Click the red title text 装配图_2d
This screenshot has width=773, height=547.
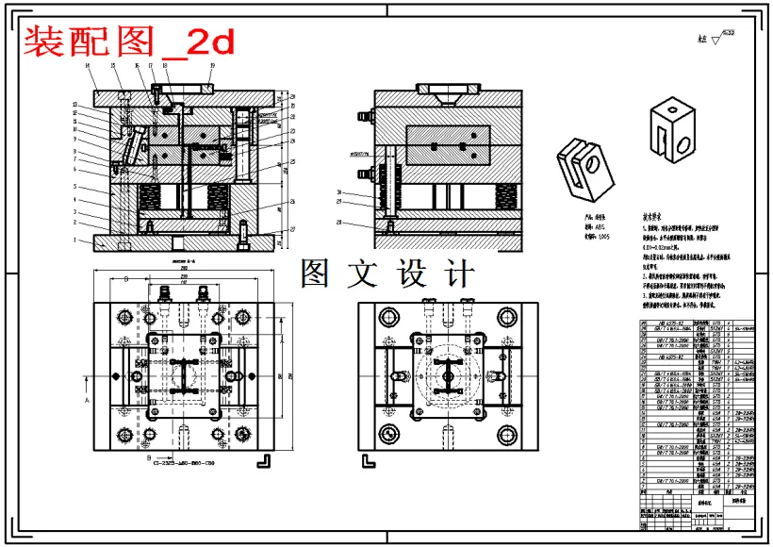coord(128,41)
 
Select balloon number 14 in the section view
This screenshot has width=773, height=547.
coord(87,65)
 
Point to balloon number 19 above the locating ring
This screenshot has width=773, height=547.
coord(212,65)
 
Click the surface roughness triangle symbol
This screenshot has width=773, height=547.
coord(715,39)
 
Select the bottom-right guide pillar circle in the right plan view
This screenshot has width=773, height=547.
coord(507,435)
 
